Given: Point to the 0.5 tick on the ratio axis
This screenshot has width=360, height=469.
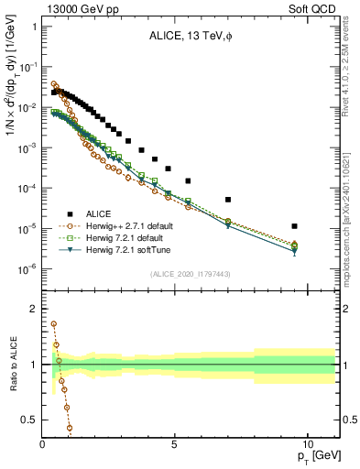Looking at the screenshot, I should [29, 420].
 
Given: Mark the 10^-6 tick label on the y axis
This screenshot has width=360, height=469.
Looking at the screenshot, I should [27, 268].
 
